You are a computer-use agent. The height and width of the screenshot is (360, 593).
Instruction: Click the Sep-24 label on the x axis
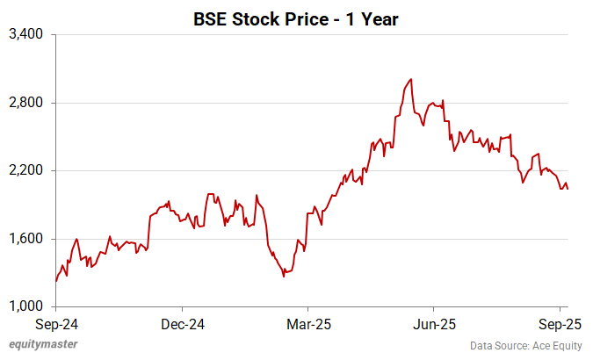[x=55, y=323]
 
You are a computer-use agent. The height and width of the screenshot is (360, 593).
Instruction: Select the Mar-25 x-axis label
[x=308, y=323]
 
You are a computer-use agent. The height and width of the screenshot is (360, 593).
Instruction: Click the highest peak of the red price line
[x=412, y=79]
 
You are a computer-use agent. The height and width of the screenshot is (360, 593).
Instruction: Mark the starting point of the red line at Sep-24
[x=56, y=281]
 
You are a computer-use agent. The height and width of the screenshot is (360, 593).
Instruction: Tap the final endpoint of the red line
[x=568, y=189]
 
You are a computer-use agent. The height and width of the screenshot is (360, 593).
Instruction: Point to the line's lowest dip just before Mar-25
[x=284, y=277]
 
